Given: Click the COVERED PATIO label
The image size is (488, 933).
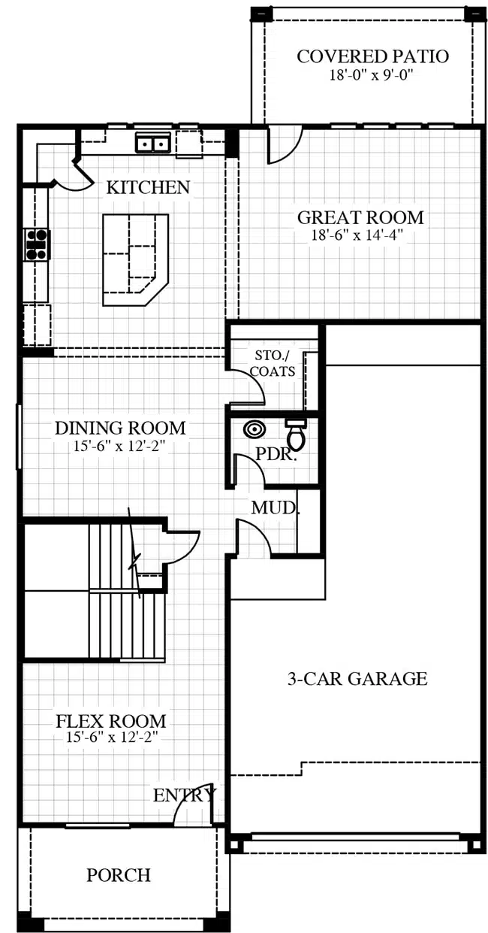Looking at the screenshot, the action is (x=373, y=56).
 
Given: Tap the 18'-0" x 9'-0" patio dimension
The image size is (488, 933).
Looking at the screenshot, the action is (x=371, y=75).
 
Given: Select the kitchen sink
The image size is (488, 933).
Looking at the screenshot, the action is (x=152, y=144).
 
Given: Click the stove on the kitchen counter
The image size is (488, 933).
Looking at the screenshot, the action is (x=37, y=245).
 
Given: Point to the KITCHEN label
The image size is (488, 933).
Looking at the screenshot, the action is (x=148, y=187).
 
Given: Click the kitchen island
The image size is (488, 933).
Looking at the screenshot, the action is (x=136, y=260).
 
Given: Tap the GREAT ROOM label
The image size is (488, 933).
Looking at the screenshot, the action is (x=360, y=217).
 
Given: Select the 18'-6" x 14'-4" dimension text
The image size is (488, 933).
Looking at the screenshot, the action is (x=357, y=236).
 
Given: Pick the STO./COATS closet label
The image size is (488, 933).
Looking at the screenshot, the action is (x=273, y=364).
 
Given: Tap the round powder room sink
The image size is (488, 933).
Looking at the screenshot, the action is (x=255, y=429).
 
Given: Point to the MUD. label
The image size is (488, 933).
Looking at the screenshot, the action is (x=275, y=508).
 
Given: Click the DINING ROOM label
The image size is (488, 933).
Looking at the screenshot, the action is (x=120, y=429).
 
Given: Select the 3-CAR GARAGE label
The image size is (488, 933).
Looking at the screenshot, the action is (x=357, y=678).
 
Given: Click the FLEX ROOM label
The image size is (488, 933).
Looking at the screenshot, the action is (x=111, y=721).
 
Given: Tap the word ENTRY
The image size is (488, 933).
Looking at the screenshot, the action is (x=184, y=795).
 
